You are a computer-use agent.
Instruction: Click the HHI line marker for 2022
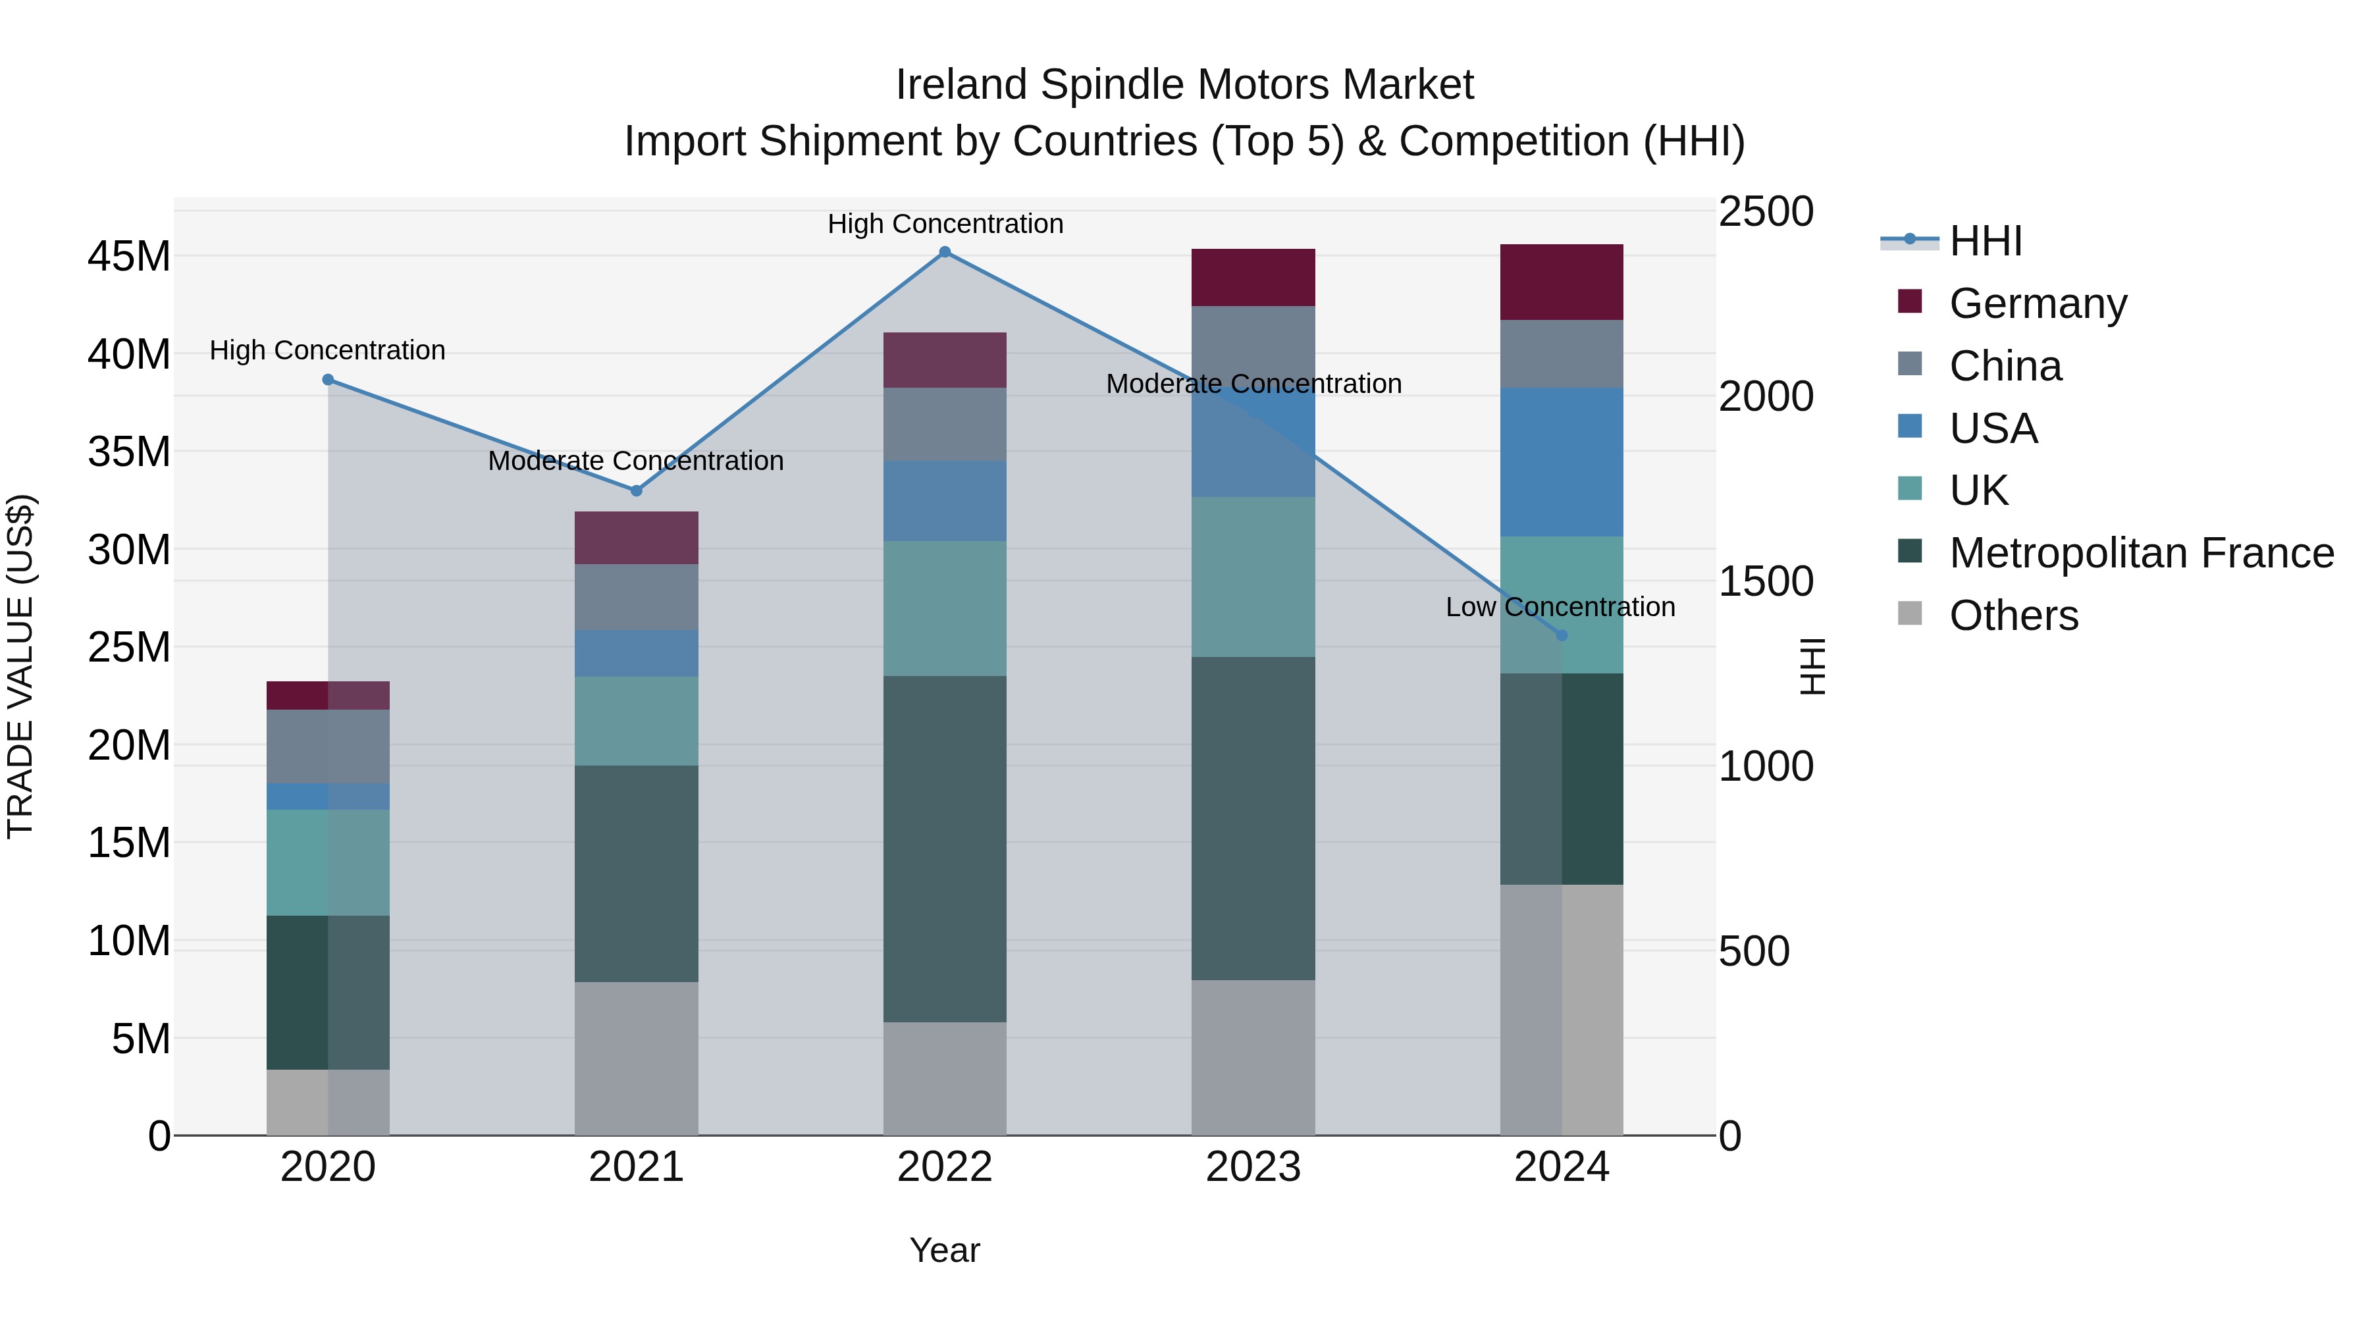coord(945,252)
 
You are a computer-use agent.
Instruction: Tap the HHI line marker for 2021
coord(636,490)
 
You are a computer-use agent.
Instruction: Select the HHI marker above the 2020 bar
coord(328,380)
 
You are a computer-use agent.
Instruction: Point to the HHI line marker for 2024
coord(1562,635)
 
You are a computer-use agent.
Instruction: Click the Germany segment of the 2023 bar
coord(1253,277)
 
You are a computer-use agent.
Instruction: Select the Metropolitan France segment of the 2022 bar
coord(945,849)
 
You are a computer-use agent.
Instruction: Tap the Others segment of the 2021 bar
coord(636,1058)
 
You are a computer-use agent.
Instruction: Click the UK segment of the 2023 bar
coord(1253,577)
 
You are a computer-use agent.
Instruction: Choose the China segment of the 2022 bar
coord(945,424)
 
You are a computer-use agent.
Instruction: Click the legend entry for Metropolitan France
coord(2141,553)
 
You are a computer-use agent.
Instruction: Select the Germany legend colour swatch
coord(1909,301)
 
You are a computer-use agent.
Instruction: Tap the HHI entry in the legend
coord(1986,241)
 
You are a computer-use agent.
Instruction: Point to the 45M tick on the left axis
coord(129,256)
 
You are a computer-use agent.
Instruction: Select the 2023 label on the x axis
coord(1253,1167)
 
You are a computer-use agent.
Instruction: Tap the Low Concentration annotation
coord(1560,607)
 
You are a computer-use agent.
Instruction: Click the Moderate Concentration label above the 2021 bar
coord(636,461)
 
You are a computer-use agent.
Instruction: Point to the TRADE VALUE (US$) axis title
coord(20,666)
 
